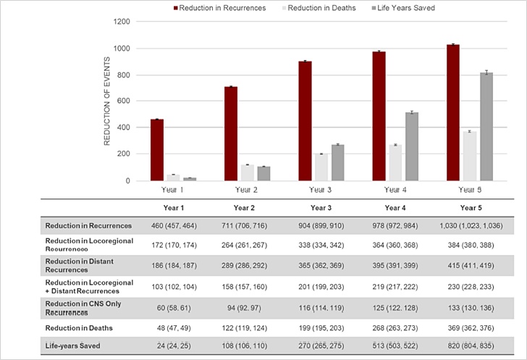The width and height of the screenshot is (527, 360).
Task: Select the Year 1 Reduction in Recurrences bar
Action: [x=157, y=150]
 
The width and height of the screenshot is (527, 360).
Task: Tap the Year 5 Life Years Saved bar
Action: [x=486, y=127]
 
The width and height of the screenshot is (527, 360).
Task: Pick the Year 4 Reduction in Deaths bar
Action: [x=395, y=163]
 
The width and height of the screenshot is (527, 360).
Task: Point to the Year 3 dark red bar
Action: [x=305, y=121]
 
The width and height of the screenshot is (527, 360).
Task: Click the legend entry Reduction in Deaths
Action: [x=316, y=8]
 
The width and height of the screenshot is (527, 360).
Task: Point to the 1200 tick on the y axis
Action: [x=121, y=22]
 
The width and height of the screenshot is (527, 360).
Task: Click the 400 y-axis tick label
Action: [x=124, y=127]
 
